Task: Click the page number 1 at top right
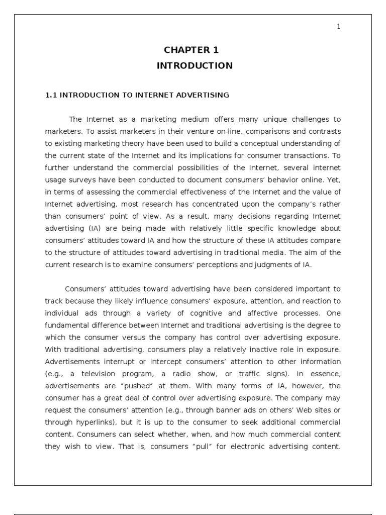pos(339,27)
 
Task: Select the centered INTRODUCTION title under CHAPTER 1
pos(195,65)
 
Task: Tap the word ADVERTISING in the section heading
pos(208,95)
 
